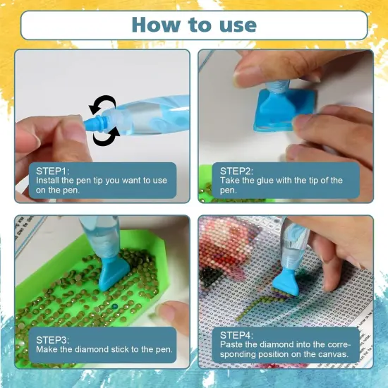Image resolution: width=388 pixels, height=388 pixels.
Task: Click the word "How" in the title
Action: pos(156,25)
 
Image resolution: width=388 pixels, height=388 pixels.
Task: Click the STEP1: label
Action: pos(53,171)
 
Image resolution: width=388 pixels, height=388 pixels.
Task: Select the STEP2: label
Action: pos(237,171)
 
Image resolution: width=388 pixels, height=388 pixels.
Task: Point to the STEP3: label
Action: pos(53,340)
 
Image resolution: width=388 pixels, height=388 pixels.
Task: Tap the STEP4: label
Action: pos(237,335)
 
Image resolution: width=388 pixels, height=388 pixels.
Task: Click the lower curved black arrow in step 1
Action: pos(105,138)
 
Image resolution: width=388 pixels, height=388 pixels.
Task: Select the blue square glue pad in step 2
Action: pos(284,111)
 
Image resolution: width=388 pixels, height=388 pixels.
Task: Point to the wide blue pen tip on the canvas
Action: pos(284,281)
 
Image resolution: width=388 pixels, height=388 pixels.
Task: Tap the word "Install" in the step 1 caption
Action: pos(47,181)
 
